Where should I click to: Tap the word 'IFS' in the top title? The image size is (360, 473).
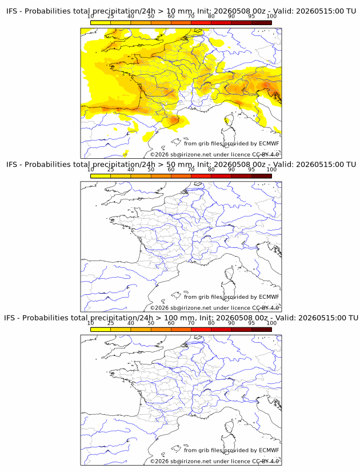click(11, 11)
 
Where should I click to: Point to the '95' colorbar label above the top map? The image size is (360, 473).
click(251, 17)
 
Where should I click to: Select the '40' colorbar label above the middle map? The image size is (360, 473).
click(131, 170)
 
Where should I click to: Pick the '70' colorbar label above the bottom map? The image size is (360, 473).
click(191, 323)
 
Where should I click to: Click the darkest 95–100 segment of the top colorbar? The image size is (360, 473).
click(261, 23)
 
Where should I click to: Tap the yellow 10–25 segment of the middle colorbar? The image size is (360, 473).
click(101, 176)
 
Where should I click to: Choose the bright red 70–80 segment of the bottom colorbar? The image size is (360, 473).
click(201, 330)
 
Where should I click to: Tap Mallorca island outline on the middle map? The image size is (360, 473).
click(175, 295)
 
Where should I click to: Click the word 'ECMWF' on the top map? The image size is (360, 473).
click(269, 143)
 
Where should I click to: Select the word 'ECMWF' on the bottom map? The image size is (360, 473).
click(269, 450)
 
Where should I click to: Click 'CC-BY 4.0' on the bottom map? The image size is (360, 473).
click(266, 461)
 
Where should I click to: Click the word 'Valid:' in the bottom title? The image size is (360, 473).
click(285, 318)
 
